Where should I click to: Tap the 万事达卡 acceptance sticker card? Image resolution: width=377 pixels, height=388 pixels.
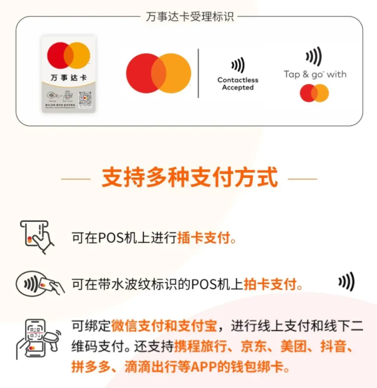click(69, 74)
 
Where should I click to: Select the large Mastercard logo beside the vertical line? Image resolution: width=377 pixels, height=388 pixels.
click(159, 73)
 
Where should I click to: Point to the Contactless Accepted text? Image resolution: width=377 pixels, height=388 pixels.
click(238, 83)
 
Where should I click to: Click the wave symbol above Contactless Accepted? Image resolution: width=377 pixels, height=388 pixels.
click(238, 65)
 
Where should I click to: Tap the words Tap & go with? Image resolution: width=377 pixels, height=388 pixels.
click(314, 74)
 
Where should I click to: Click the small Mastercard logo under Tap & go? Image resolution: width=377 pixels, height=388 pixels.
click(314, 93)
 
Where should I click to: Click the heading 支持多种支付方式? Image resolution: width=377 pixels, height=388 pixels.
click(189, 178)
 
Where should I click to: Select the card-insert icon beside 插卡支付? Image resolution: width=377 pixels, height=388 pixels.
click(37, 236)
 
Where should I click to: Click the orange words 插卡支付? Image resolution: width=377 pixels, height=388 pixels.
click(206, 237)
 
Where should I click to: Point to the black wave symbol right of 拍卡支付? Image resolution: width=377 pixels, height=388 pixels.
click(346, 281)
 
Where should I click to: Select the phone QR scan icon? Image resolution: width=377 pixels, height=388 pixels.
click(38, 339)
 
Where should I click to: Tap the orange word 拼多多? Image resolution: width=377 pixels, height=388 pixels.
click(90, 366)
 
